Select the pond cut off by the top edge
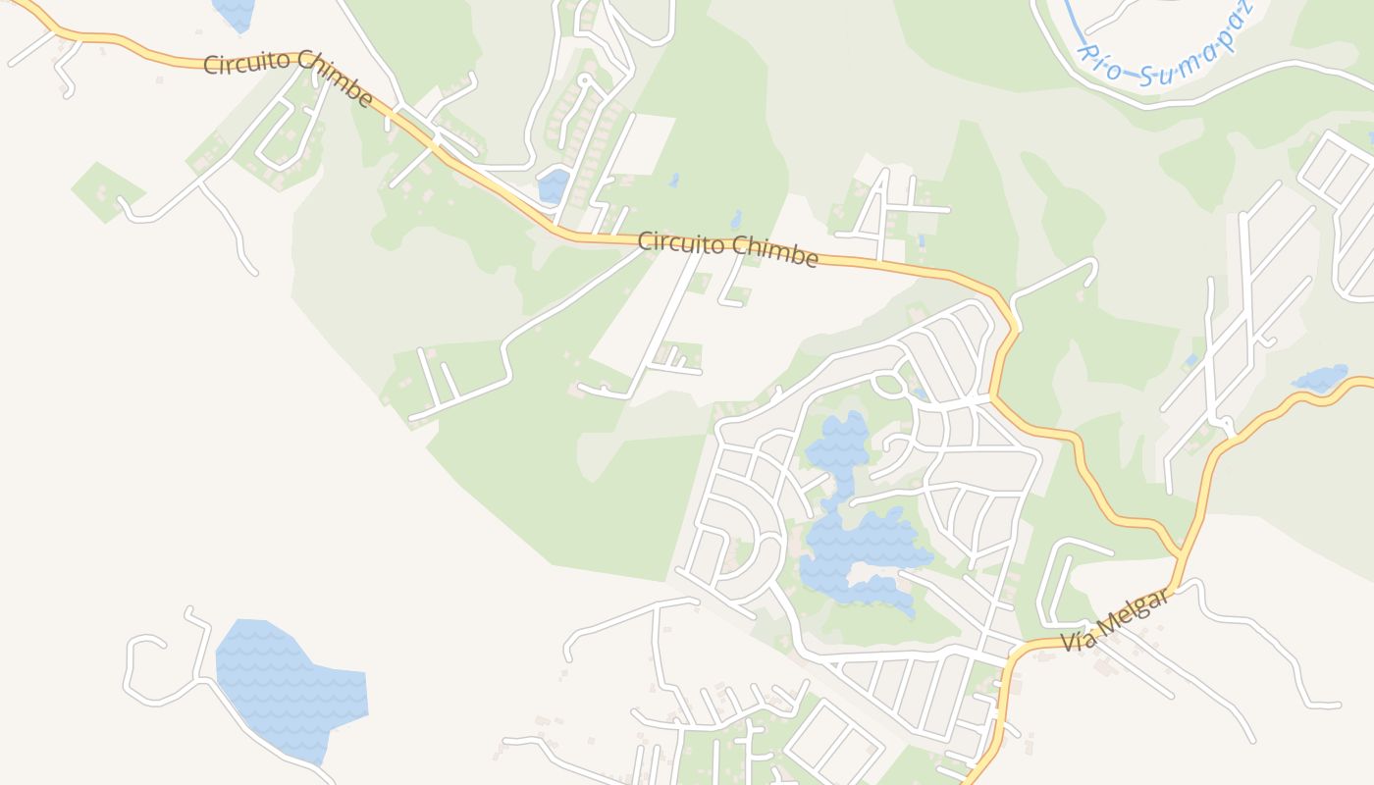(234, 12)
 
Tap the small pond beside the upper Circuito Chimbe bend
(554, 185)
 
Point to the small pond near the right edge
(1320, 379)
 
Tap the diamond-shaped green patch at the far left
(106, 190)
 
